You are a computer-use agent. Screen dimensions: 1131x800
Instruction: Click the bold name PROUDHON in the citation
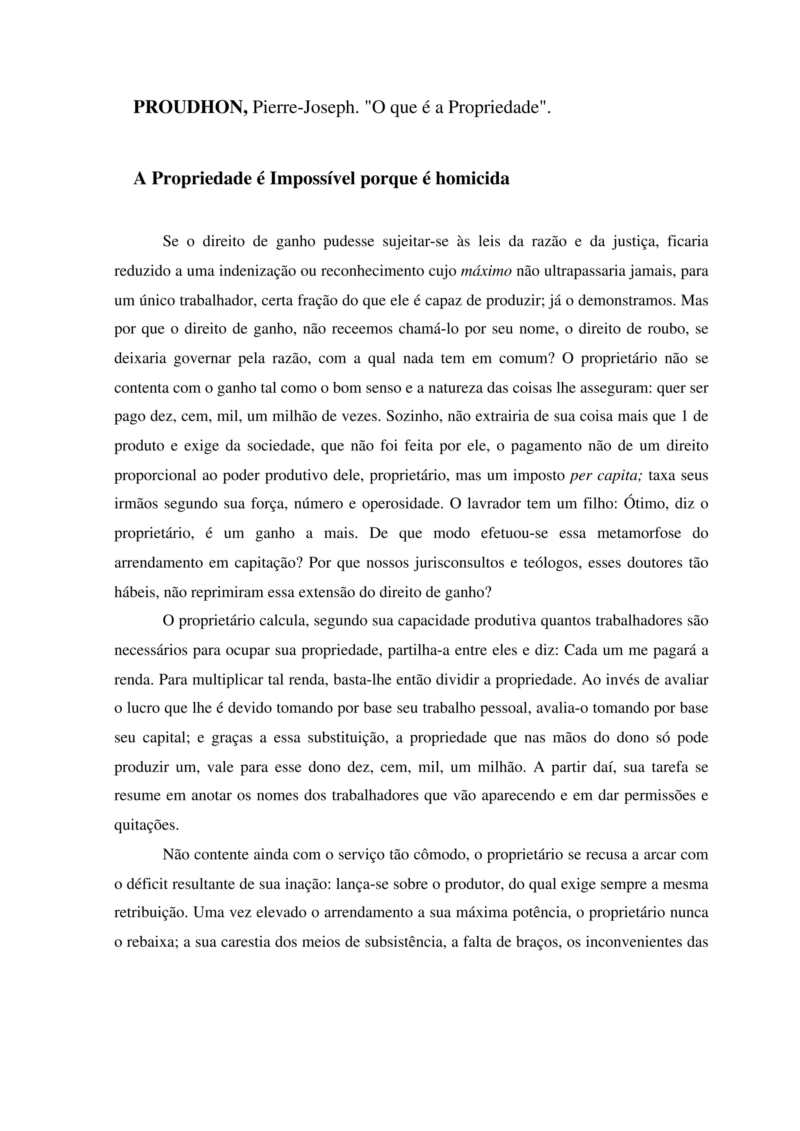tap(190, 107)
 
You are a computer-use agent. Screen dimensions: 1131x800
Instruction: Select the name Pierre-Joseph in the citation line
tap(304, 107)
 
